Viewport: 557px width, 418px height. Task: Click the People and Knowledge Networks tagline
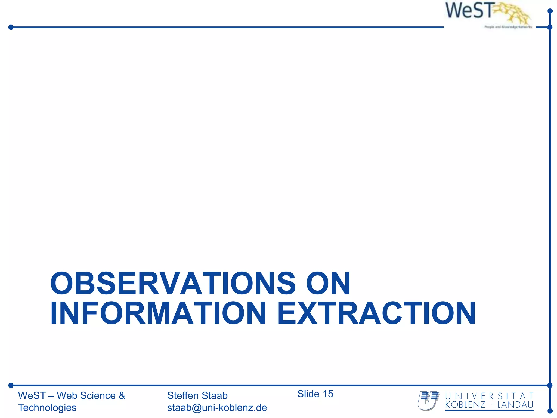pos(508,27)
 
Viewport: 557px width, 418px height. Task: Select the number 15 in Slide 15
pos(328,394)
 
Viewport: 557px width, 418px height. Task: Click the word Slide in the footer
pos(308,394)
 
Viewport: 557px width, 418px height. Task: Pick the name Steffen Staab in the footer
pos(197,395)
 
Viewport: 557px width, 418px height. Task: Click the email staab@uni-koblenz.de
pos(217,408)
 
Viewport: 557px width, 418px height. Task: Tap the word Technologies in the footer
pos(47,408)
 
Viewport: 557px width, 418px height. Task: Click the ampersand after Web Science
pos(122,395)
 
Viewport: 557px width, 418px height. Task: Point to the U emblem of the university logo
pos(428,400)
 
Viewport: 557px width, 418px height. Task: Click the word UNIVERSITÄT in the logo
pos(489,396)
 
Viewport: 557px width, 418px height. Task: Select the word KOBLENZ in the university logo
pos(465,405)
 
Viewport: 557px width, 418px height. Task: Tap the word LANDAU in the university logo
pos(515,405)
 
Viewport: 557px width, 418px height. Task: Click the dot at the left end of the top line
pos(11,27)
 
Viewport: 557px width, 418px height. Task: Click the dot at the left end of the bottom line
pos(11,385)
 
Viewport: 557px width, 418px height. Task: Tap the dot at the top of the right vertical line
pos(550,11)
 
